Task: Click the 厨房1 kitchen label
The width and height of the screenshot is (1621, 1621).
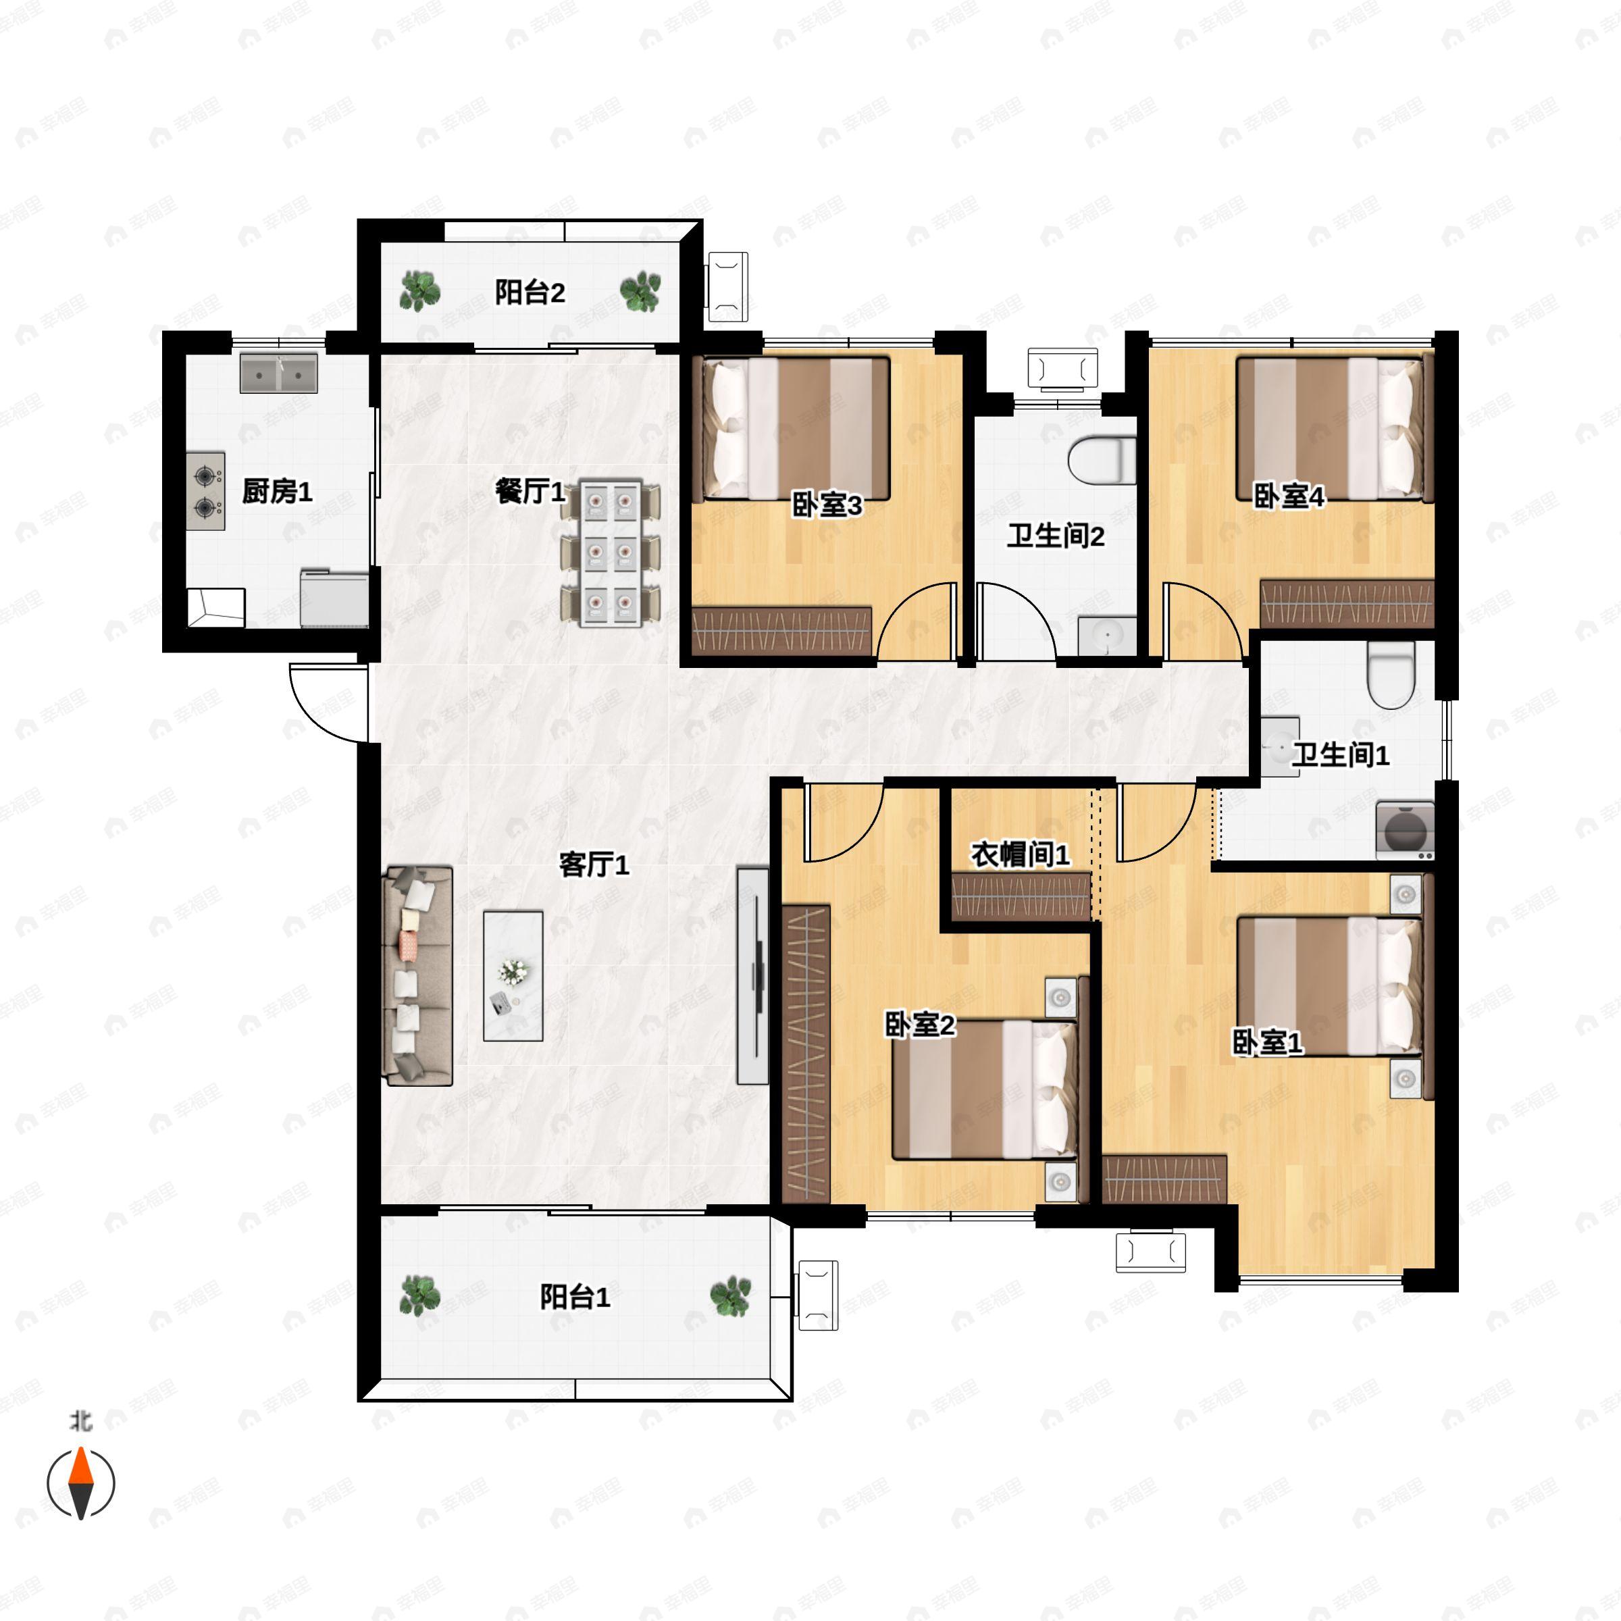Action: click(277, 492)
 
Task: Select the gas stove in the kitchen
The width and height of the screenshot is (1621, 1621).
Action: click(205, 492)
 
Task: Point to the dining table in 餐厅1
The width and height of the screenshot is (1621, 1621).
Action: click(610, 553)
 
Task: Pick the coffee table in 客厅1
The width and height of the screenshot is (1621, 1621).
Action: click(513, 977)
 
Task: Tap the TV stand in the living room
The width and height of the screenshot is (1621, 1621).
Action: click(752, 976)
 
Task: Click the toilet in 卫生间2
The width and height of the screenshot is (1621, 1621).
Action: click(1102, 461)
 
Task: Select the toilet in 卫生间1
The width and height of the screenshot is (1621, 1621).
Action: click(1391, 675)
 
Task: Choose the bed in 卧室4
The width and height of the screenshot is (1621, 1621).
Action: click(1331, 430)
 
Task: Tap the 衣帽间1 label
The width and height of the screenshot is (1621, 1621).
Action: click(1021, 855)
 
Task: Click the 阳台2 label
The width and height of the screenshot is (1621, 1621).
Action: click(530, 293)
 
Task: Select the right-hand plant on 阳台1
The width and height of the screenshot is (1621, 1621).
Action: click(731, 1296)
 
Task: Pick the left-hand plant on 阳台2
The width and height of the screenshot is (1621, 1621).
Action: click(419, 291)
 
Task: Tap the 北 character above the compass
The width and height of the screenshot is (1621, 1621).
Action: click(80, 1420)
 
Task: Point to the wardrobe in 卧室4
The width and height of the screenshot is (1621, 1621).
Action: click(1347, 602)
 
